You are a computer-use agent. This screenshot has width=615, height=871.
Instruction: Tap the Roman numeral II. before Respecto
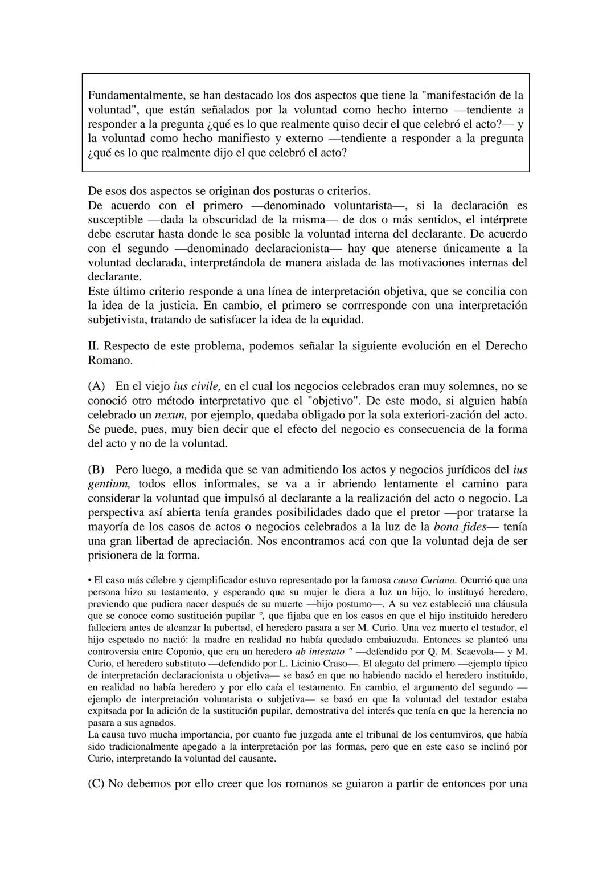[x=94, y=346]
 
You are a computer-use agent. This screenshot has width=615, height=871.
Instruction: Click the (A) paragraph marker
[x=97, y=386]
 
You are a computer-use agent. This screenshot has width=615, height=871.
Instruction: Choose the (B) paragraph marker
[x=97, y=470]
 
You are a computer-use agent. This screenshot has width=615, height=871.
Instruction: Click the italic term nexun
[x=170, y=415]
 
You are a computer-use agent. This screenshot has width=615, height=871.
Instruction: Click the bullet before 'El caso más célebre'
[x=90, y=580]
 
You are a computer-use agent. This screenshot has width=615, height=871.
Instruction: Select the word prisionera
[x=116, y=555]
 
